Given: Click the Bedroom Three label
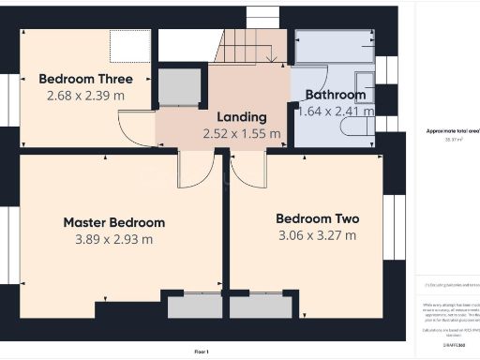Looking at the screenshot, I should click(84, 79).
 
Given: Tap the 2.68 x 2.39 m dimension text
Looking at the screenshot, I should click(84, 95).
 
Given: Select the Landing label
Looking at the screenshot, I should click(242, 117).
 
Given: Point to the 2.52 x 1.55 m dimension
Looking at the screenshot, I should click(242, 133).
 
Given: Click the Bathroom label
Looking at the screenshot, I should click(335, 95).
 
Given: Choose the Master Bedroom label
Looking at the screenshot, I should click(113, 222).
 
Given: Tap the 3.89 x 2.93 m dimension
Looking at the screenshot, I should click(113, 239).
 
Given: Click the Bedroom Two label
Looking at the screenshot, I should click(317, 218).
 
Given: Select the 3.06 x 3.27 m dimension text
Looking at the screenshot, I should click(317, 235).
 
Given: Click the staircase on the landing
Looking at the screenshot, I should click(249, 46).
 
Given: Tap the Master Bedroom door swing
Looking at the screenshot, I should click(196, 170).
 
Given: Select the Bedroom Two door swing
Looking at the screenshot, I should click(248, 169).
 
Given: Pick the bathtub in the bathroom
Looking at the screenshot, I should click(334, 46).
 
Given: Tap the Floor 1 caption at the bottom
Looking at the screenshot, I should click(201, 352).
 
